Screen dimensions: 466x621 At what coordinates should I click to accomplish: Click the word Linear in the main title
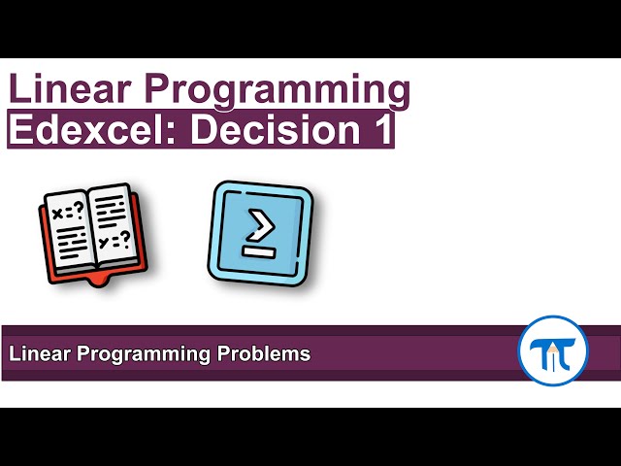pyautogui.click(x=69, y=89)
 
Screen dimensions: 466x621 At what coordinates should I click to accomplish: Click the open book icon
pyautogui.click(x=90, y=232)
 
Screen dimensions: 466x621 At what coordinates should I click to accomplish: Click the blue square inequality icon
pyautogui.click(x=260, y=233)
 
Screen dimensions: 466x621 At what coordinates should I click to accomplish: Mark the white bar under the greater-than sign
pyautogui.click(x=260, y=253)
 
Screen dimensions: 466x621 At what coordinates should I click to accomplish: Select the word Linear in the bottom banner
pyautogui.click(x=37, y=354)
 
